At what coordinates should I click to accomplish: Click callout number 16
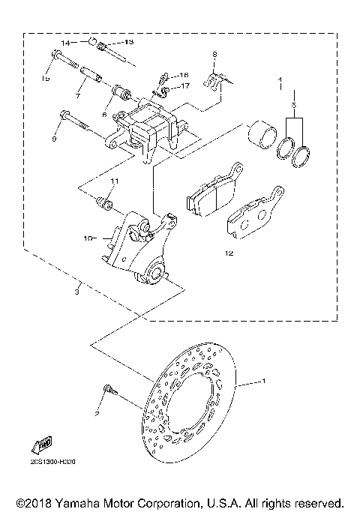point(184,76)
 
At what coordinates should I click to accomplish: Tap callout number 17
point(184,87)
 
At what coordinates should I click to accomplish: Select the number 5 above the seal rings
point(294,106)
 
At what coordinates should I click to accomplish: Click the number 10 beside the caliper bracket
point(88,238)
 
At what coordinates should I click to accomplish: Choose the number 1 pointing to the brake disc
point(263,382)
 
